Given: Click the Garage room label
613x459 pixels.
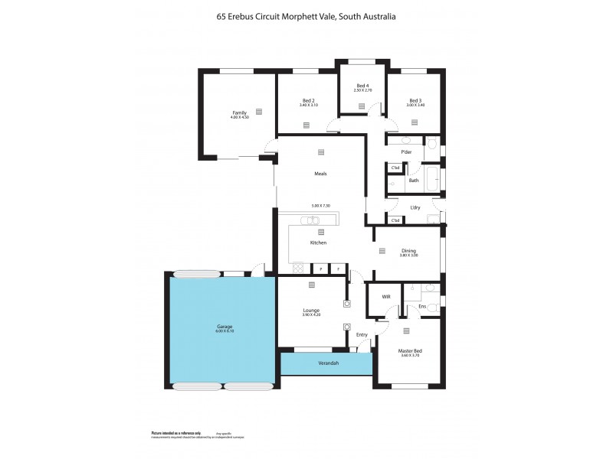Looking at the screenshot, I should [x=224, y=327].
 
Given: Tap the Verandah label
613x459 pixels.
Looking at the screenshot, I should [x=328, y=363].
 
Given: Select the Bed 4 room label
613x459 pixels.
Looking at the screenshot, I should [x=363, y=85].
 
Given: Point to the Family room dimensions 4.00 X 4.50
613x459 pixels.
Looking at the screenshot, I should [x=239, y=118].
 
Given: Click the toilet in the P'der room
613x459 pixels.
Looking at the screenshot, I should [x=431, y=143].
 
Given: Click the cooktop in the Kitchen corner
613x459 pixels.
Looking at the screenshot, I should [x=299, y=269].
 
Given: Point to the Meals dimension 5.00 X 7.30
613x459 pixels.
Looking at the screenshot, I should [x=320, y=206].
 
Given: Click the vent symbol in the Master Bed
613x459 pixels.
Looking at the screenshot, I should [x=405, y=330].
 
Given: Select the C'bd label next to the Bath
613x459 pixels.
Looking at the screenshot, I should [x=395, y=168].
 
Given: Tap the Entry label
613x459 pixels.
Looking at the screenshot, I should [x=362, y=334].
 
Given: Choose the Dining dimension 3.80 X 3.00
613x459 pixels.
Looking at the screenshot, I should [x=408, y=255].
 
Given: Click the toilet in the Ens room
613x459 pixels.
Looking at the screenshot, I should [x=431, y=306].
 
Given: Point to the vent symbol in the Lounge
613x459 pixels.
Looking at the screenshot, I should [x=311, y=285].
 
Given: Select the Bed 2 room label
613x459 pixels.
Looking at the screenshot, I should [x=309, y=100].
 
